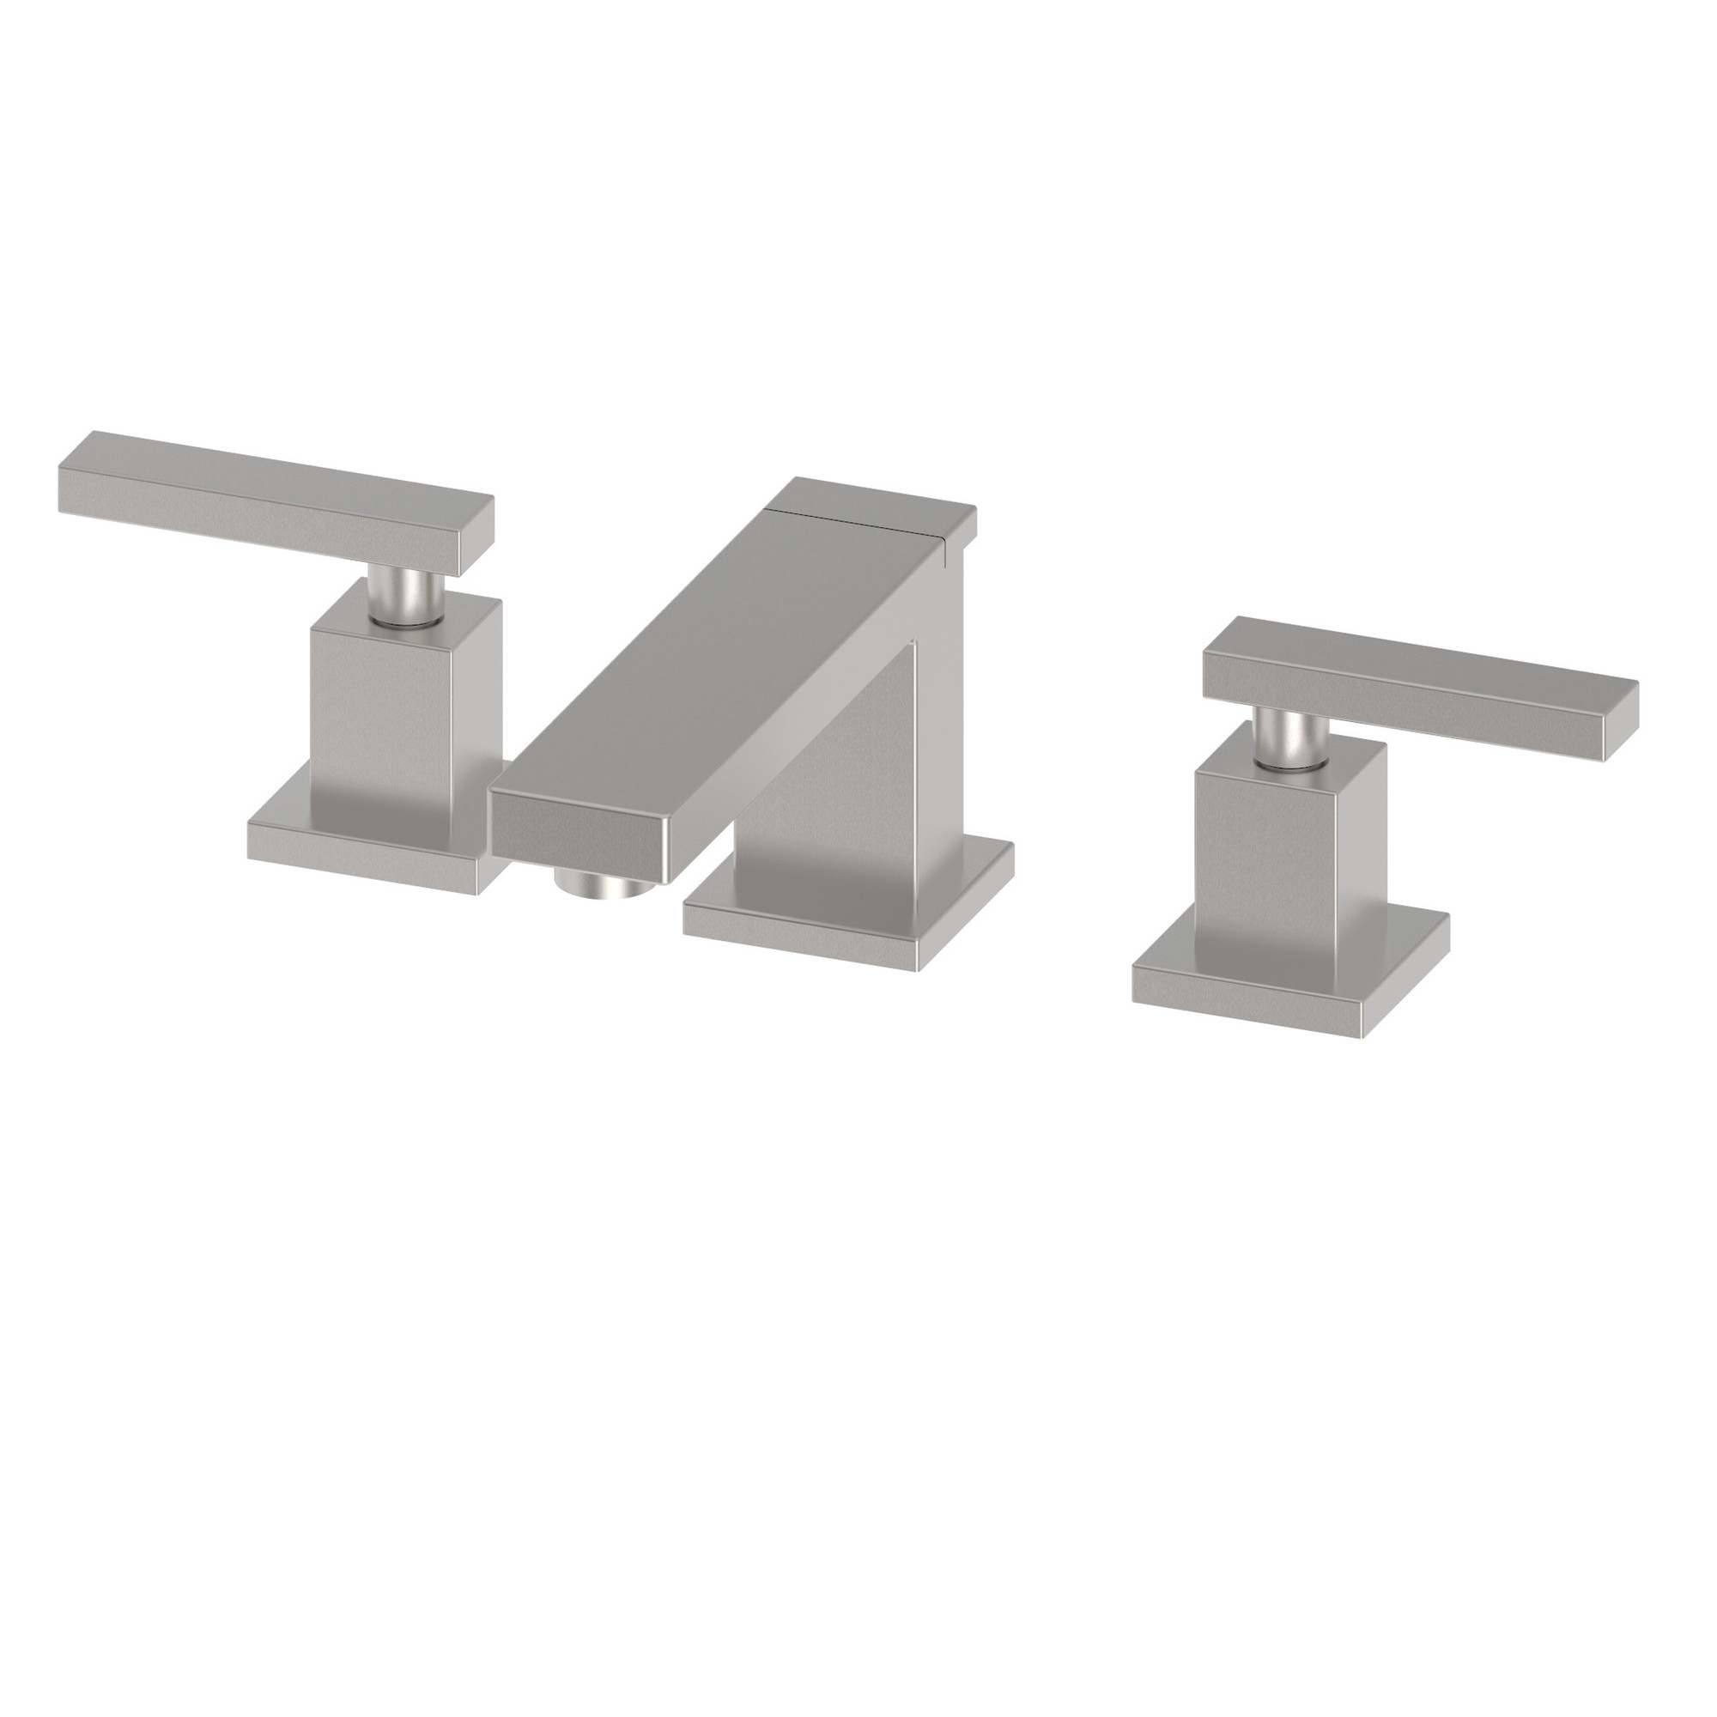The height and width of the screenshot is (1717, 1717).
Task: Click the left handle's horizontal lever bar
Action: pyautogui.click(x=267, y=498)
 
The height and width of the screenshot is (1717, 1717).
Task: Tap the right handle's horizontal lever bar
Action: pyautogui.click(x=1422, y=671)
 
